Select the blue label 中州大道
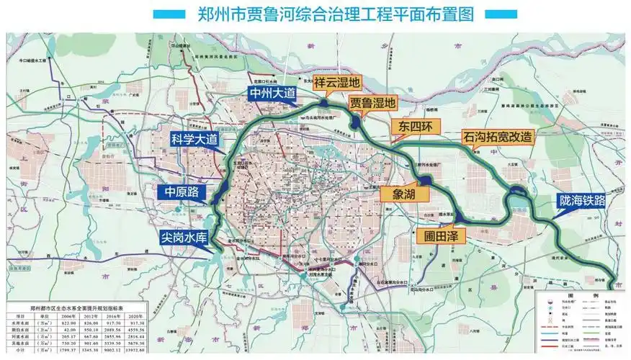pos(273,93)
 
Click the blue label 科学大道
pos(193,139)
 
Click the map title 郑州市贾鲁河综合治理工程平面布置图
pos(315,14)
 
